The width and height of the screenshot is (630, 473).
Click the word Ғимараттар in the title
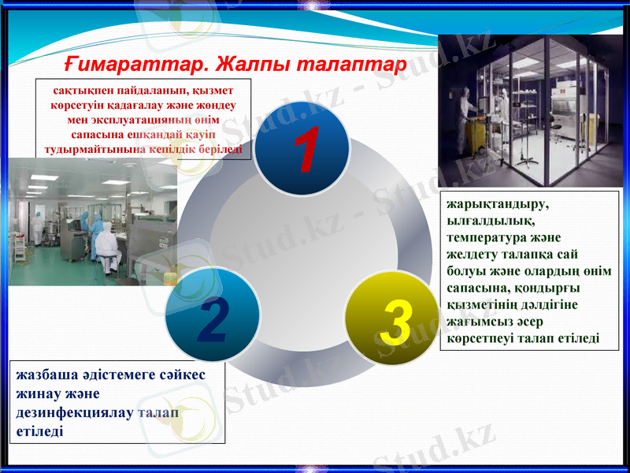134,61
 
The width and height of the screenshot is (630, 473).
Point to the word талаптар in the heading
358,61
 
